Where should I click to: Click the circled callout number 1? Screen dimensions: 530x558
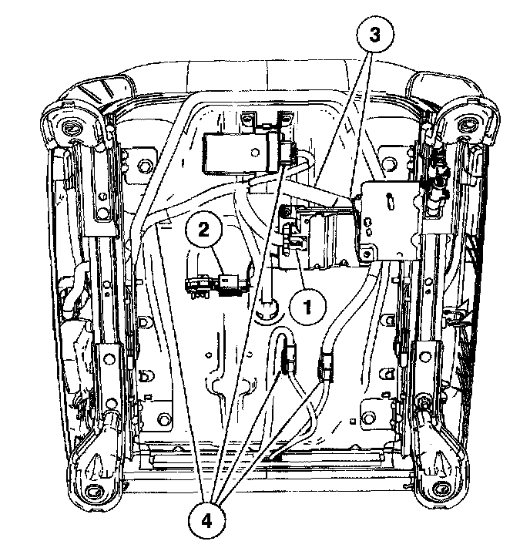point(306,306)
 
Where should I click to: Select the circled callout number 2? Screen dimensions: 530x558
point(204,229)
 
